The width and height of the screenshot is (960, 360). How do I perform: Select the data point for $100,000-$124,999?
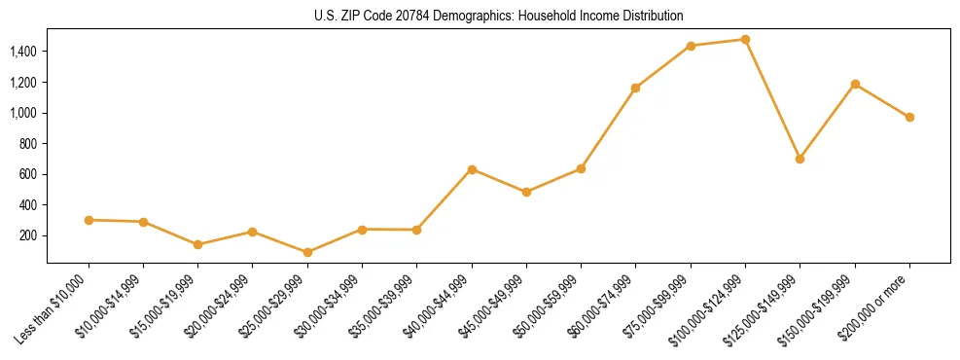pyautogui.click(x=745, y=40)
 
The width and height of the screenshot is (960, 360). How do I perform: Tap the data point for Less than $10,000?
pyautogui.click(x=89, y=220)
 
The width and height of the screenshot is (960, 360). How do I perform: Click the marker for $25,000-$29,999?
pyautogui.click(x=307, y=252)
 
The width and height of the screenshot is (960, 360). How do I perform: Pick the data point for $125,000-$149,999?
pyautogui.click(x=800, y=159)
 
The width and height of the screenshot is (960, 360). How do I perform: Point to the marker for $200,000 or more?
pyautogui.click(x=909, y=117)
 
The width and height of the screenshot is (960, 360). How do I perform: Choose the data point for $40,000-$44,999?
pyautogui.click(x=472, y=169)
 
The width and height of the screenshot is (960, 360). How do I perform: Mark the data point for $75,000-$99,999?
pyautogui.click(x=691, y=46)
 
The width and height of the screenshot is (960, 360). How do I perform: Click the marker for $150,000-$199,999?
pyautogui.click(x=855, y=84)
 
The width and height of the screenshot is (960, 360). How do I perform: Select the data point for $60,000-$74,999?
pyautogui.click(x=635, y=88)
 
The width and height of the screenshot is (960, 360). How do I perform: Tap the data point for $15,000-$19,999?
pyautogui.click(x=198, y=244)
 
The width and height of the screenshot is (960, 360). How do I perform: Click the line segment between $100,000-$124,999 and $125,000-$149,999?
pyautogui.click(x=772, y=99)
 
